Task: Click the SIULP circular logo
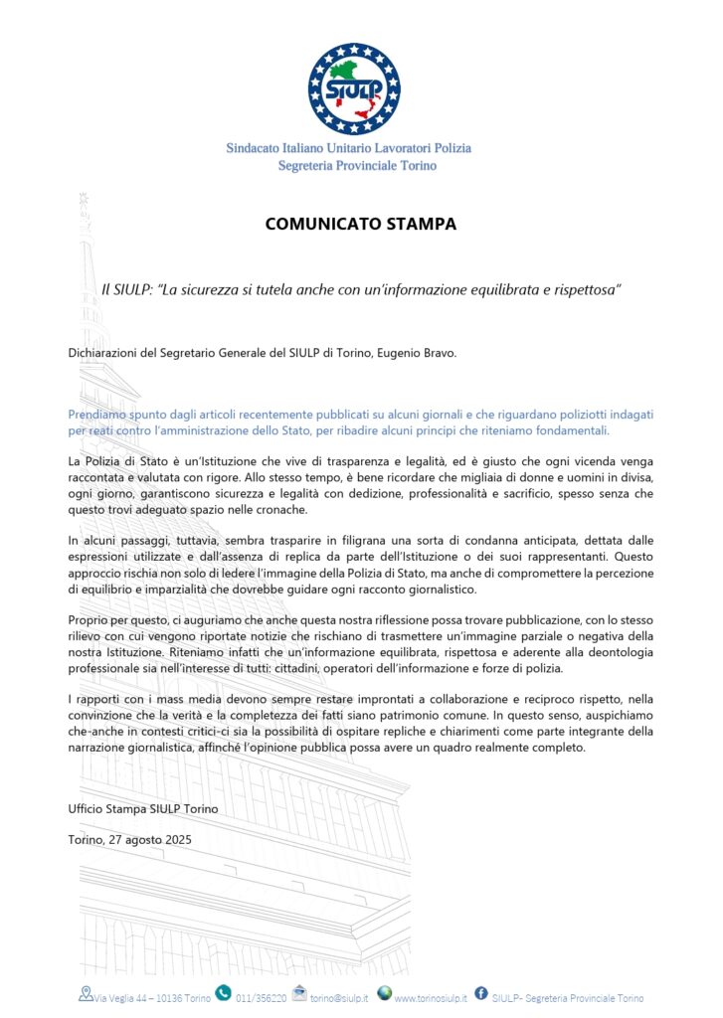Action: (354, 89)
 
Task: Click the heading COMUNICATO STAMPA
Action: (361, 225)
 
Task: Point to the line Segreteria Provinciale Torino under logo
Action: (357, 166)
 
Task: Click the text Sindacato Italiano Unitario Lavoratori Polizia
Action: (348, 148)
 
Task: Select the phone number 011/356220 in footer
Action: (262, 997)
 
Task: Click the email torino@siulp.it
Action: (339, 997)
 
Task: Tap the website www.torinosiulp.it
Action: (431, 997)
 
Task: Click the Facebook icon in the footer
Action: (480, 992)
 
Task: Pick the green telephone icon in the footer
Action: (224, 992)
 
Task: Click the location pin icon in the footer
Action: (86, 992)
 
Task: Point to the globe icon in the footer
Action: (384, 992)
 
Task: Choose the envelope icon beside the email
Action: (300, 995)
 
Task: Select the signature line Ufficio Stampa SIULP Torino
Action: (143, 809)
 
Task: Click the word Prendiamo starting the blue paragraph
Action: (99, 414)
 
